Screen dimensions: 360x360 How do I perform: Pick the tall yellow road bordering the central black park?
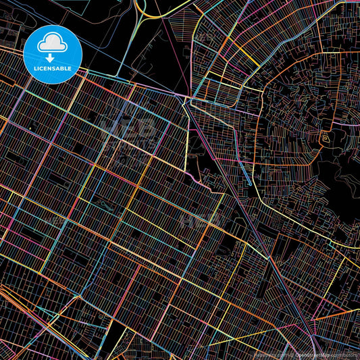[x=184, y=135]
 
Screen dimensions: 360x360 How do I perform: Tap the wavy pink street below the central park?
[x=199, y=179]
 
